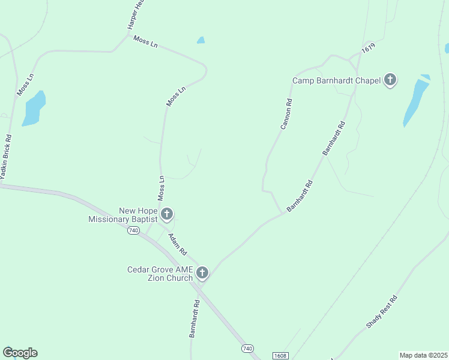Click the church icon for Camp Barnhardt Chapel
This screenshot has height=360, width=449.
click(x=390, y=80)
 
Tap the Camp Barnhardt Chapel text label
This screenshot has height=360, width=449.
click(x=336, y=80)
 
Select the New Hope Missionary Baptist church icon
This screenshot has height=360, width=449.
click(x=167, y=214)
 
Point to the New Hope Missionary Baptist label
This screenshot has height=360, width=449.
click(x=122, y=215)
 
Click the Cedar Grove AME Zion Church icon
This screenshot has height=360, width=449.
click(x=202, y=274)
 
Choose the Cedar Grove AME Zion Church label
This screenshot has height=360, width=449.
click(x=160, y=274)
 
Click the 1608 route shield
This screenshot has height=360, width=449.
click(x=280, y=356)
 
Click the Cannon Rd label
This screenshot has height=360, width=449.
click(x=286, y=114)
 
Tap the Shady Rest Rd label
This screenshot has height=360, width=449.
click(x=382, y=312)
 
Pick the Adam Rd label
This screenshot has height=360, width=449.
click(x=178, y=243)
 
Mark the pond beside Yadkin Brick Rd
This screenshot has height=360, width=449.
click(x=34, y=109)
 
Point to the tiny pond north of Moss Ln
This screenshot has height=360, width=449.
click(x=200, y=40)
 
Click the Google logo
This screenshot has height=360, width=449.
click(x=20, y=353)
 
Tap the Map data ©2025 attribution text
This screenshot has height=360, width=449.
click(x=424, y=355)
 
